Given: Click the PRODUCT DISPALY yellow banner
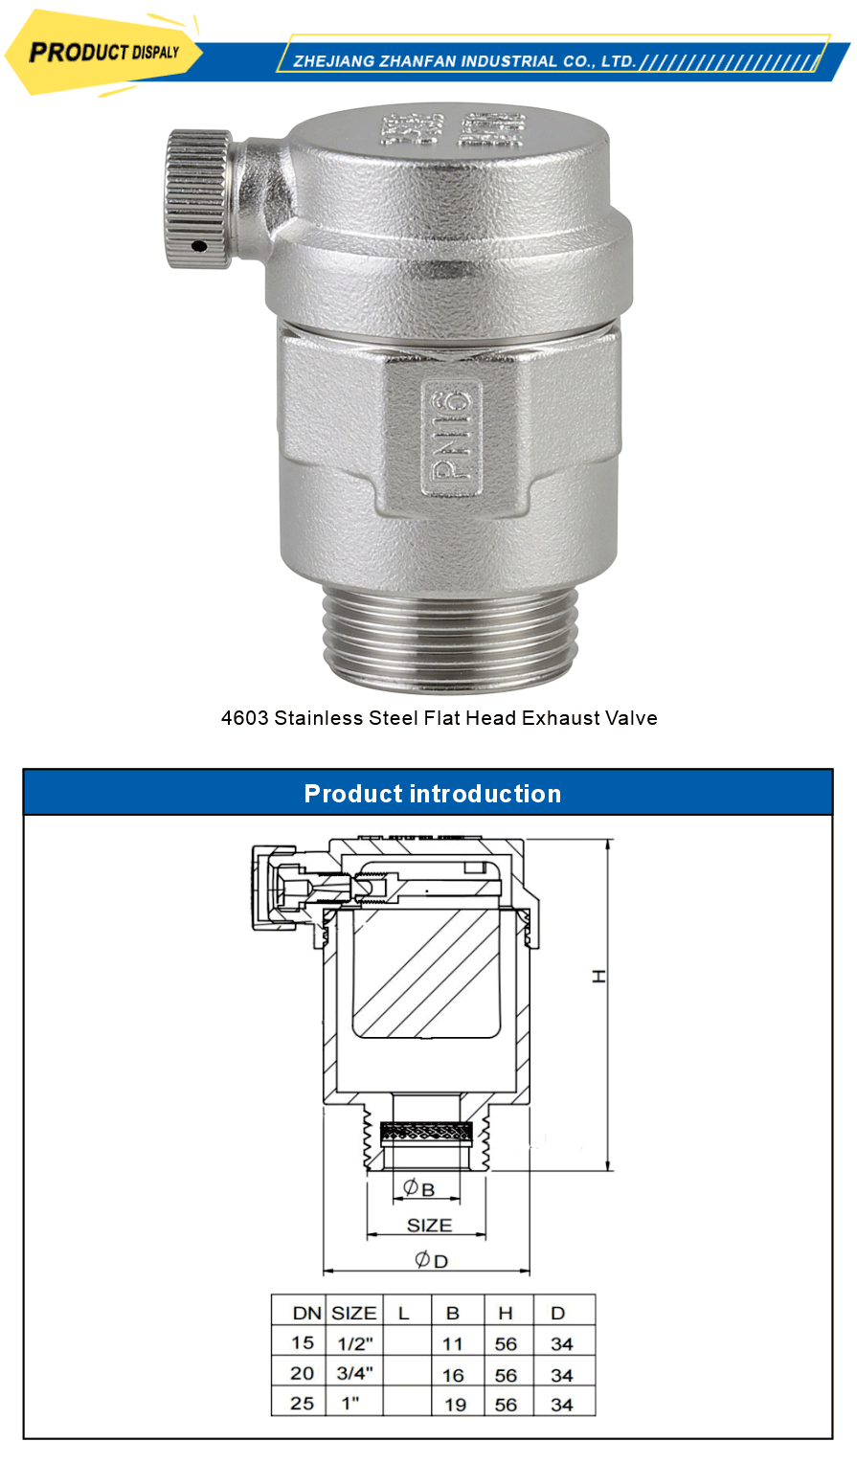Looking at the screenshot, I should point(103,53).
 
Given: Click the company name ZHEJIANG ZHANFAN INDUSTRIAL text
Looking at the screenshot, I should point(464,61).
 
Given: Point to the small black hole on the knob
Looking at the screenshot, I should point(198,246).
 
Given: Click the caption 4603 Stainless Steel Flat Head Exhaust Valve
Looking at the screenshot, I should point(439,718).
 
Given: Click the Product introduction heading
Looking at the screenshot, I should point(432,794).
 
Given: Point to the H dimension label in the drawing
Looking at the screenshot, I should point(599,976).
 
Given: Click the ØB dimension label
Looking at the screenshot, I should point(418,1188).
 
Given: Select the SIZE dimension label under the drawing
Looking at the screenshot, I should point(428,1226).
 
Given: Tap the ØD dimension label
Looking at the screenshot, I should point(431,1260).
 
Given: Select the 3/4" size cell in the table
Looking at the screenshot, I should point(354,1373).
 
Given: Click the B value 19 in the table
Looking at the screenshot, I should point(455,1405).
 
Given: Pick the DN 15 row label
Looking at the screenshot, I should point(303,1342).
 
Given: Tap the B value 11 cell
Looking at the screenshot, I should point(453,1343).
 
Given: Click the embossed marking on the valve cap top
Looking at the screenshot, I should point(455,129).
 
